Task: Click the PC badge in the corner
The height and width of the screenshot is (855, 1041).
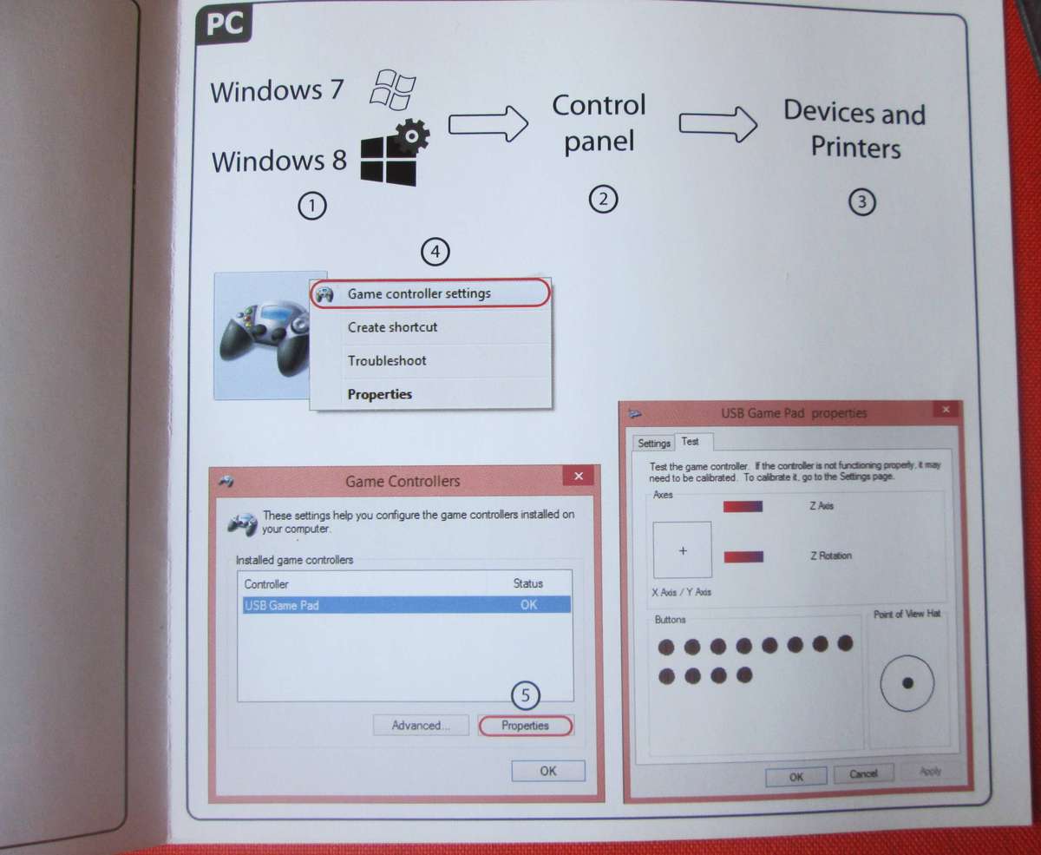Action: pyautogui.click(x=224, y=24)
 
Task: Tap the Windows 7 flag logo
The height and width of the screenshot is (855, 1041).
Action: pyautogui.click(x=392, y=90)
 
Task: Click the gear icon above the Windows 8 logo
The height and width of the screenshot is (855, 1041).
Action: pyautogui.click(x=412, y=135)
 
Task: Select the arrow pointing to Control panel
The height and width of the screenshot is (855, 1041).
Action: pyautogui.click(x=488, y=123)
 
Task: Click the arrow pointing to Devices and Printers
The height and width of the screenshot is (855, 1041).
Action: pyautogui.click(x=717, y=124)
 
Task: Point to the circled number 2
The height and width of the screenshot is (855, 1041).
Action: pyautogui.click(x=603, y=200)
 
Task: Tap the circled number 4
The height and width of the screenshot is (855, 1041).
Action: pyautogui.click(x=435, y=252)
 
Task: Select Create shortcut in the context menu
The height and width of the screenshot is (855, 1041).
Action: pyautogui.click(x=392, y=327)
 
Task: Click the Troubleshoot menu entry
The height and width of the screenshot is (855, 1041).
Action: pyautogui.click(x=387, y=360)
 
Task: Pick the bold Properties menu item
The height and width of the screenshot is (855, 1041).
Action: pyautogui.click(x=380, y=394)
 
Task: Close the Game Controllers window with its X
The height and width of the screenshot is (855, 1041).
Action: pyautogui.click(x=579, y=477)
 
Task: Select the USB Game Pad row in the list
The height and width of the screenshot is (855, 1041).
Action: pyautogui.click(x=406, y=605)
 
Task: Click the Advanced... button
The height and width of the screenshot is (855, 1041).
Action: pyautogui.click(x=421, y=725)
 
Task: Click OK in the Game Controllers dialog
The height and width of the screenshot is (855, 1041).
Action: pyautogui.click(x=548, y=771)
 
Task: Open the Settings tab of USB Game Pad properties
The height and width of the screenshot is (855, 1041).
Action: pyautogui.click(x=653, y=443)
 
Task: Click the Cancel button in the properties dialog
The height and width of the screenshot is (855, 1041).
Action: pyautogui.click(x=863, y=773)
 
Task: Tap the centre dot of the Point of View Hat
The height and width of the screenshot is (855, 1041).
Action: pyautogui.click(x=907, y=683)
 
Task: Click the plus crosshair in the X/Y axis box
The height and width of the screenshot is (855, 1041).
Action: pyautogui.click(x=683, y=550)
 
